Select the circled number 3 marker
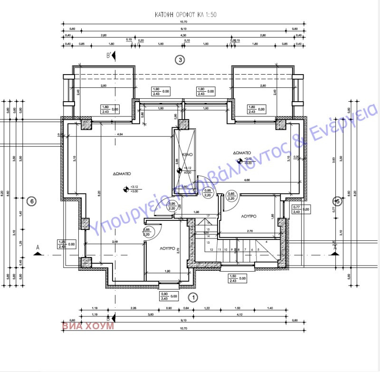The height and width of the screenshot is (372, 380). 180,60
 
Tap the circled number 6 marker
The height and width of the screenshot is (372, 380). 31,201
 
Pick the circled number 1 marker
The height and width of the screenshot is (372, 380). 192,297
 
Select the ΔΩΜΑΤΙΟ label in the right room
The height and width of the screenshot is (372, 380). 242,153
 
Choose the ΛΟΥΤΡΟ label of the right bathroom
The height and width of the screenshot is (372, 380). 248,216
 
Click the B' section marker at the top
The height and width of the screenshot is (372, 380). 109,56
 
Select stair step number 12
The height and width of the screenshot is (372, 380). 212,249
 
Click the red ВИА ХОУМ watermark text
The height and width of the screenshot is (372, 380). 87,327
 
